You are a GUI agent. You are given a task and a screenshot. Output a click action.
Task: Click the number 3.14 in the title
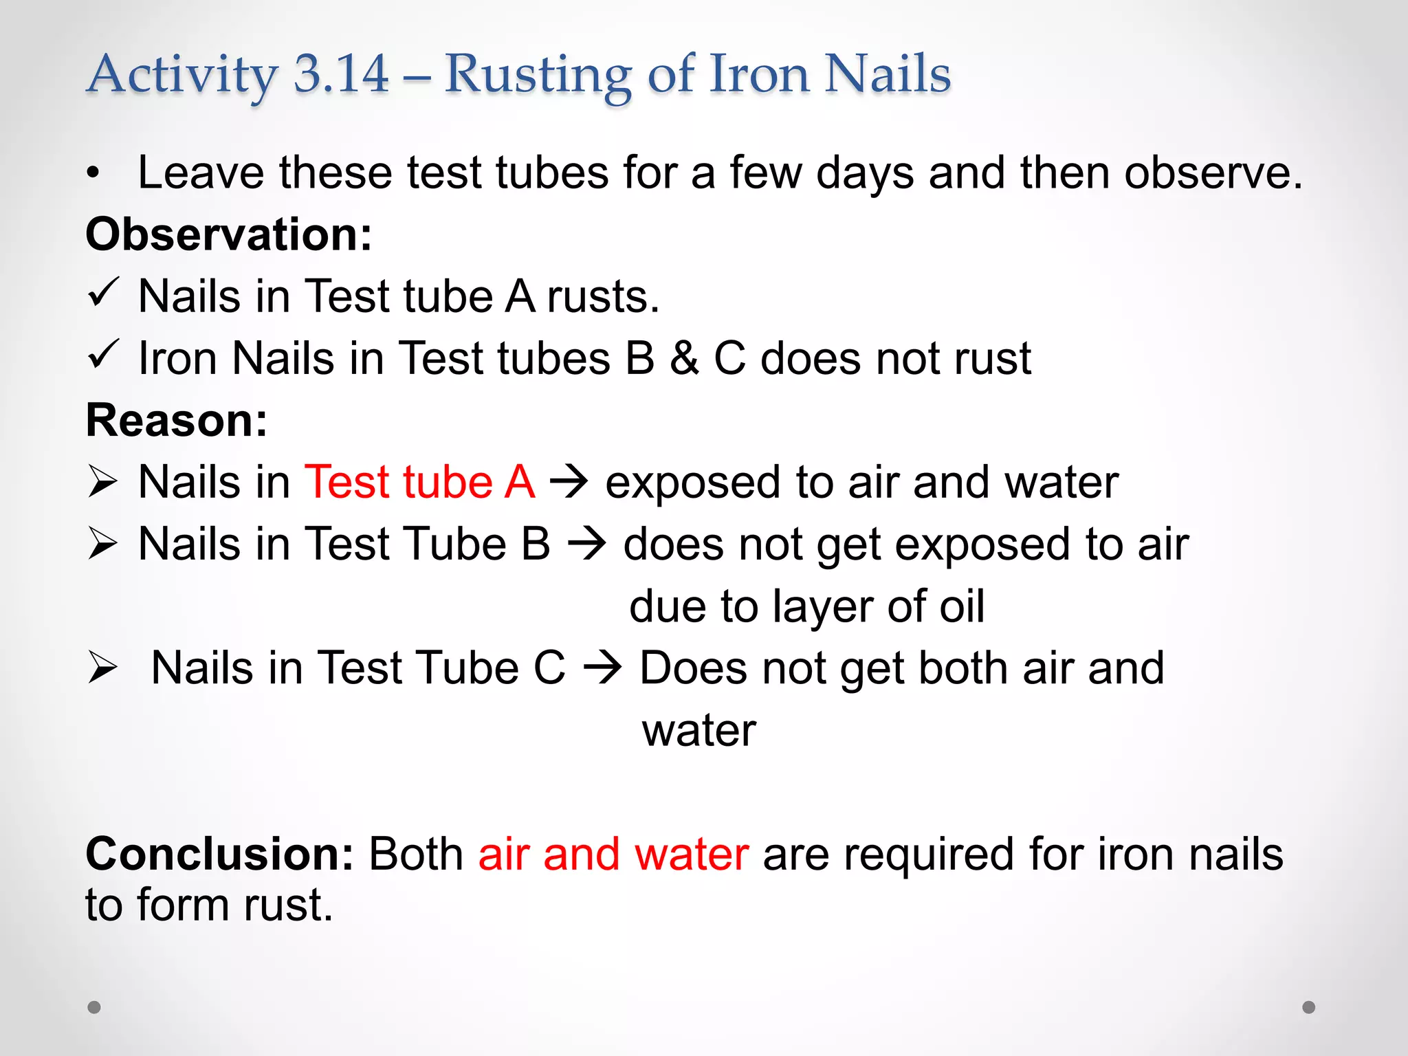click(x=341, y=74)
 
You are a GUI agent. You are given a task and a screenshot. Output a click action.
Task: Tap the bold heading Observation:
click(x=228, y=234)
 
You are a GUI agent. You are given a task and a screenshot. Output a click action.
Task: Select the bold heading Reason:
click(x=177, y=420)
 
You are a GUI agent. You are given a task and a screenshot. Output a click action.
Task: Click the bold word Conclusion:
click(x=219, y=854)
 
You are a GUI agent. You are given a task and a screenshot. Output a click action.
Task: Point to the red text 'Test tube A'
click(x=419, y=482)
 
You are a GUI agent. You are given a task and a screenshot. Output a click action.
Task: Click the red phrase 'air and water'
click(x=613, y=854)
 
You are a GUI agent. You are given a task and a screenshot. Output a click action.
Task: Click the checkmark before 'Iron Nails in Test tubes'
click(x=104, y=355)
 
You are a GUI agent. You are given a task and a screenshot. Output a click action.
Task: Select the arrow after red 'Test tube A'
click(x=569, y=482)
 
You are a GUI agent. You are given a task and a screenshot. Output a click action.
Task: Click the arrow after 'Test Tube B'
click(x=587, y=544)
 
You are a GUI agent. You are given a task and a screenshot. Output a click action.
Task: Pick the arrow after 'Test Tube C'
click(x=603, y=668)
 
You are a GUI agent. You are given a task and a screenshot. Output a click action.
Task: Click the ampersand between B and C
click(x=684, y=358)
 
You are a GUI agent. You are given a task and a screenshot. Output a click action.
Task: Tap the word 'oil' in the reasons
click(x=962, y=606)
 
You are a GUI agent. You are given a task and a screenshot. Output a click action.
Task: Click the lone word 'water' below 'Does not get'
click(x=698, y=730)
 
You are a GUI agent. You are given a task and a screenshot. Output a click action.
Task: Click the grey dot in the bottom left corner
click(x=94, y=1007)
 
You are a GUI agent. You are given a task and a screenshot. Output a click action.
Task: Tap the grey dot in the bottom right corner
click(x=1309, y=1007)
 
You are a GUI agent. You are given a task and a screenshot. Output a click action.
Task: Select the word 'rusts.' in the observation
click(x=603, y=297)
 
